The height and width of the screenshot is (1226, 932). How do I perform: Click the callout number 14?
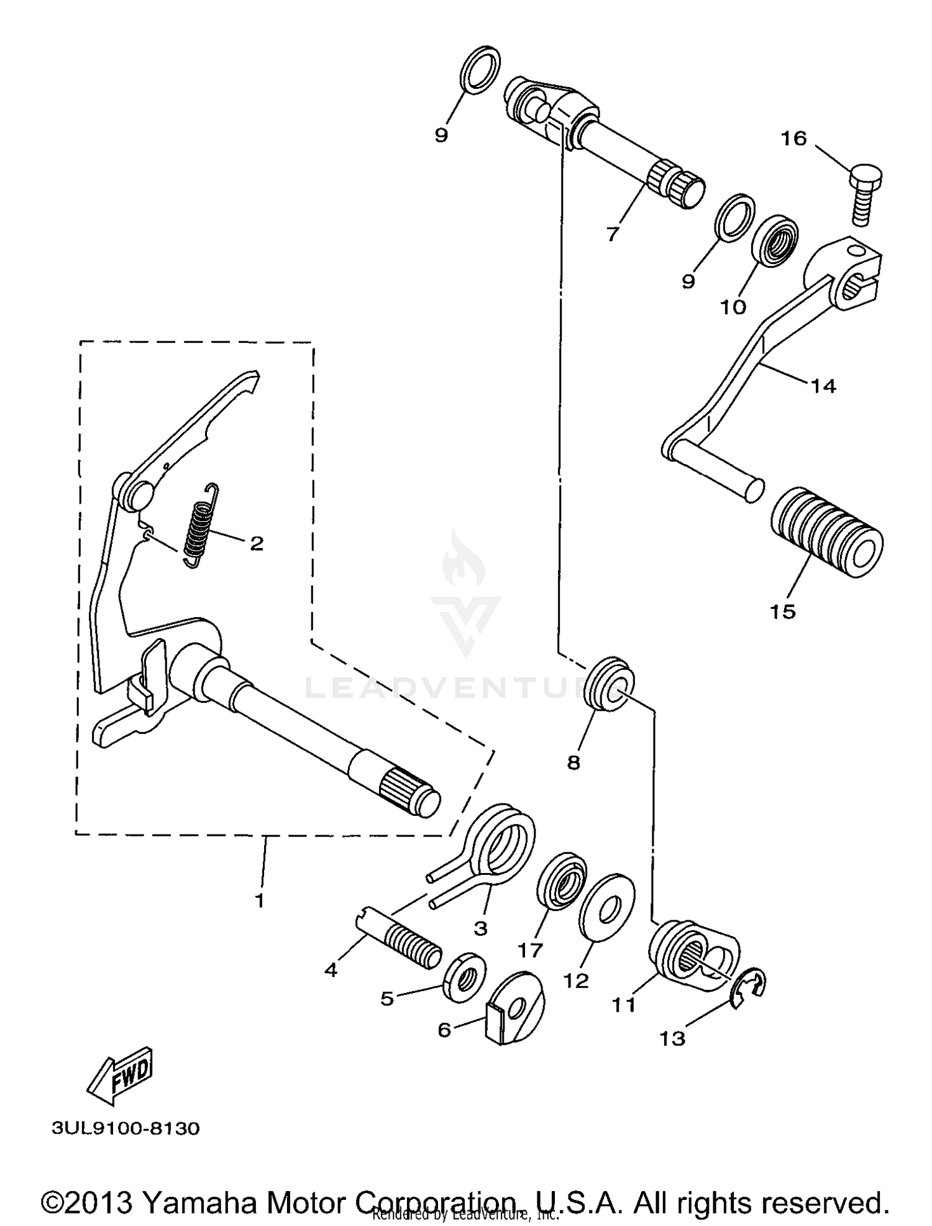coord(823,386)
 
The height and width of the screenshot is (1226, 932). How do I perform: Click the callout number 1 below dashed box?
coord(260,900)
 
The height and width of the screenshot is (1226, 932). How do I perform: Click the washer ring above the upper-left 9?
coord(481,70)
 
